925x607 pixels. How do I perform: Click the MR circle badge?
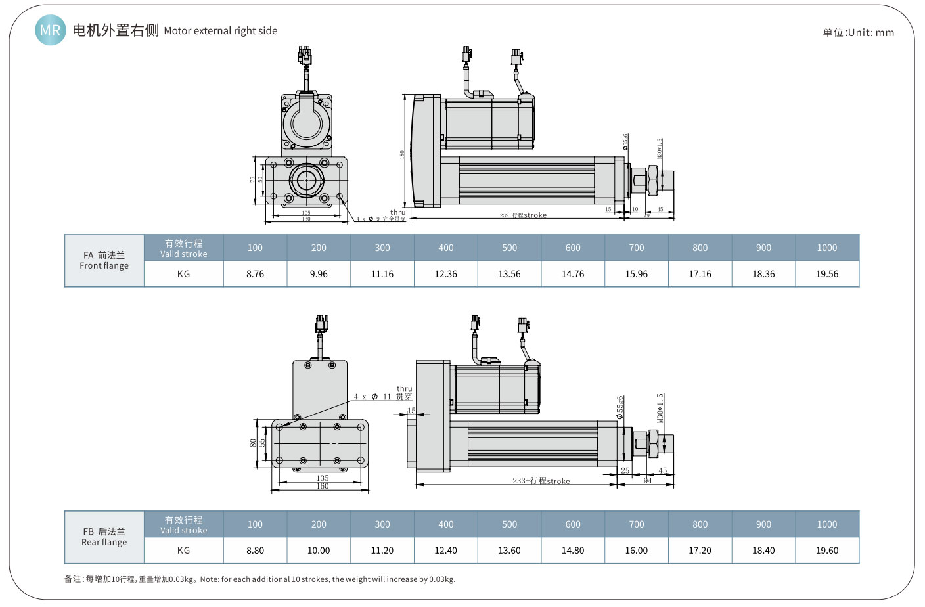click(x=51, y=30)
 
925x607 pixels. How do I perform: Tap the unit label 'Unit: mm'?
click(x=858, y=32)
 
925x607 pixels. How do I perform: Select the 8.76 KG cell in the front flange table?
click(x=255, y=274)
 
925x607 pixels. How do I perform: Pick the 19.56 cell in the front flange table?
click(x=826, y=274)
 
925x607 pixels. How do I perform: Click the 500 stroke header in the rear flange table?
click(x=509, y=524)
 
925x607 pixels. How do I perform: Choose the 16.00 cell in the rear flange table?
click(x=636, y=551)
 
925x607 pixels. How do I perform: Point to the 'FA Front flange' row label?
click(x=104, y=261)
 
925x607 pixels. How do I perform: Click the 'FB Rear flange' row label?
click(x=104, y=537)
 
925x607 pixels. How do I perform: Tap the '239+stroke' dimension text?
click(x=523, y=215)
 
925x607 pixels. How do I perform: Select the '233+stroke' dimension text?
click(x=541, y=481)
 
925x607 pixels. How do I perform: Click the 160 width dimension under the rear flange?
click(x=322, y=486)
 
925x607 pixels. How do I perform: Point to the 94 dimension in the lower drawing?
click(x=648, y=481)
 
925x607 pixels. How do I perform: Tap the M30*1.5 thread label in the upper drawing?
click(x=660, y=148)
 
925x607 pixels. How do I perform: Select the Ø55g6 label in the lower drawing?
click(x=620, y=407)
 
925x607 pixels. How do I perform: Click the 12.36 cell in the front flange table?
click(x=445, y=274)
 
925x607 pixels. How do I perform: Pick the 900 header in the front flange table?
click(x=763, y=248)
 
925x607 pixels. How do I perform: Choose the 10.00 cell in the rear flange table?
click(x=319, y=551)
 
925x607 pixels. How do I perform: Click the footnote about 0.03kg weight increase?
click(x=259, y=579)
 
